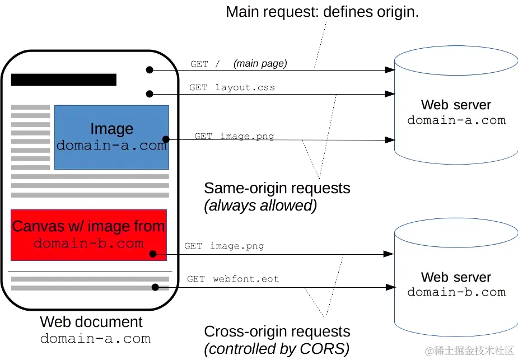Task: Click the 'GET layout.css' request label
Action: (232, 87)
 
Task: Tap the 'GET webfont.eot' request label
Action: (233, 279)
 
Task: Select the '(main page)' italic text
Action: (260, 63)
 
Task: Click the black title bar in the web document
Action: (64, 80)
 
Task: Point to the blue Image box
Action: (111, 137)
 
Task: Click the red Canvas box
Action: (88, 235)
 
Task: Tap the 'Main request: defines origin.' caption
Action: (323, 12)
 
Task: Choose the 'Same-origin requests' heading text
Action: (277, 188)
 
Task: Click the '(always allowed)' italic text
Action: (260, 205)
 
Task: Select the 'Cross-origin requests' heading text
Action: (277, 331)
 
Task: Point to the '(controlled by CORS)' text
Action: (277, 349)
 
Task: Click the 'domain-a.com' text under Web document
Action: (95, 339)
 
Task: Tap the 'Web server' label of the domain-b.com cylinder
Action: (456, 277)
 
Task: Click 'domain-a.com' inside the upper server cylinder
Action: (456, 120)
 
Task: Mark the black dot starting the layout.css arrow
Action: (150, 94)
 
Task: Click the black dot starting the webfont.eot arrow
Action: (155, 287)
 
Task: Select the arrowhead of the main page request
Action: (390, 70)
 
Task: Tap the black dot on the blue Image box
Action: (166, 139)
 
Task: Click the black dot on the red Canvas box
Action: (153, 254)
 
